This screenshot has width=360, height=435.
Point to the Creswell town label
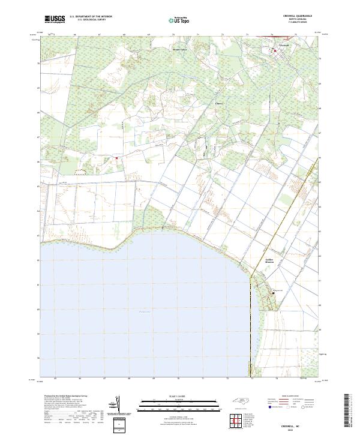point(284,46)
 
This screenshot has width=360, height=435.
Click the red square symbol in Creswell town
point(275,51)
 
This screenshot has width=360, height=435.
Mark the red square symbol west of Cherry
point(116,158)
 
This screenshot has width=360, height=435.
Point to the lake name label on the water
point(145,312)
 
